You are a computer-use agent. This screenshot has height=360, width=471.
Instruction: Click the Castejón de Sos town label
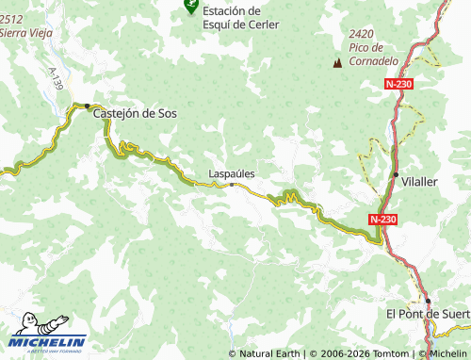(135, 113)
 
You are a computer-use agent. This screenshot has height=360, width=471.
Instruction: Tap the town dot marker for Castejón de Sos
(88, 106)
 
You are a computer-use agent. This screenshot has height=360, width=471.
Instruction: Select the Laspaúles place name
(232, 173)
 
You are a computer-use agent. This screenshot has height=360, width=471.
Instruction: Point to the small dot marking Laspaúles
(232, 185)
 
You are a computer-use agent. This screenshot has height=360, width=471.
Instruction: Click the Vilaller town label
(419, 181)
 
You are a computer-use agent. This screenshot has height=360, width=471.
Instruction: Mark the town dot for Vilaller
(395, 174)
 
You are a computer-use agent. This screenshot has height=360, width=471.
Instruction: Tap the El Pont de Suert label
(428, 313)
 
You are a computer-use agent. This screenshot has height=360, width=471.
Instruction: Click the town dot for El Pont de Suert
(428, 302)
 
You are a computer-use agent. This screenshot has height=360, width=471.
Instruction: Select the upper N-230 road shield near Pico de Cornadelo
(398, 84)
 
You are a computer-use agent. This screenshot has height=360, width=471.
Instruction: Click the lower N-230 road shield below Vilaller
(382, 219)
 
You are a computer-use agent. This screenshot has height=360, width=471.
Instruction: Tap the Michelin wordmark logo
(49, 341)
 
